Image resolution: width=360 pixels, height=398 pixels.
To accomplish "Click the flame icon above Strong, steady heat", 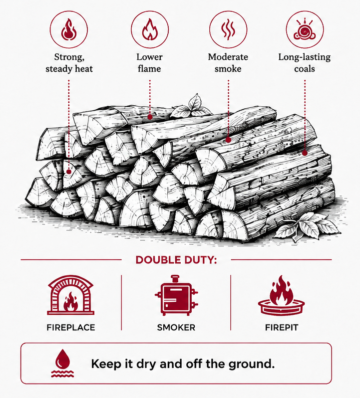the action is (68, 30).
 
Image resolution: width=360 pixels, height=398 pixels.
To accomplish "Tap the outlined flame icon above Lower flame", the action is (150, 29).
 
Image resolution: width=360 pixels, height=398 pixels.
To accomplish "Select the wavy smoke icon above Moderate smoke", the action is (228, 29).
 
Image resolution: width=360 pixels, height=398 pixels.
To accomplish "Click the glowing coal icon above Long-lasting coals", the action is (305, 30).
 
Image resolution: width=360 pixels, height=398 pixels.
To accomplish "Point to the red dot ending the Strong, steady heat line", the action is (68, 172).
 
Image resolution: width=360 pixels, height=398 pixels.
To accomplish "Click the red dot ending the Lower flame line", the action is (150, 117).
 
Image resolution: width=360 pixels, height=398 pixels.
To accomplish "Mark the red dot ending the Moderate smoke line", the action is (228, 140).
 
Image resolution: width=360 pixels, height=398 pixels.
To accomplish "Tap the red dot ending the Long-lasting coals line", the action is (305, 153).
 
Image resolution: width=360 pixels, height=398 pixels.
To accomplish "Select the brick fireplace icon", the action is (70, 295).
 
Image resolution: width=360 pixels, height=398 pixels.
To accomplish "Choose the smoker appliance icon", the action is (176, 295).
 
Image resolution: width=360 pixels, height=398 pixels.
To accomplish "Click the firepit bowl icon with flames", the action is (281, 296).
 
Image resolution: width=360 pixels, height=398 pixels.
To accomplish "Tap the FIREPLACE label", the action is (70, 328).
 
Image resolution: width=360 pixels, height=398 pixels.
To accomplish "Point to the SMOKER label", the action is (176, 328).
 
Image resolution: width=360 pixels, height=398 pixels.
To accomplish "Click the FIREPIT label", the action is (282, 328).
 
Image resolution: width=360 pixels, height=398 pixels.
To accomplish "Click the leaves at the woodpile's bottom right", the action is (308, 226).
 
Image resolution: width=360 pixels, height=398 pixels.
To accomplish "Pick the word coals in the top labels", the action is (305, 69).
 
